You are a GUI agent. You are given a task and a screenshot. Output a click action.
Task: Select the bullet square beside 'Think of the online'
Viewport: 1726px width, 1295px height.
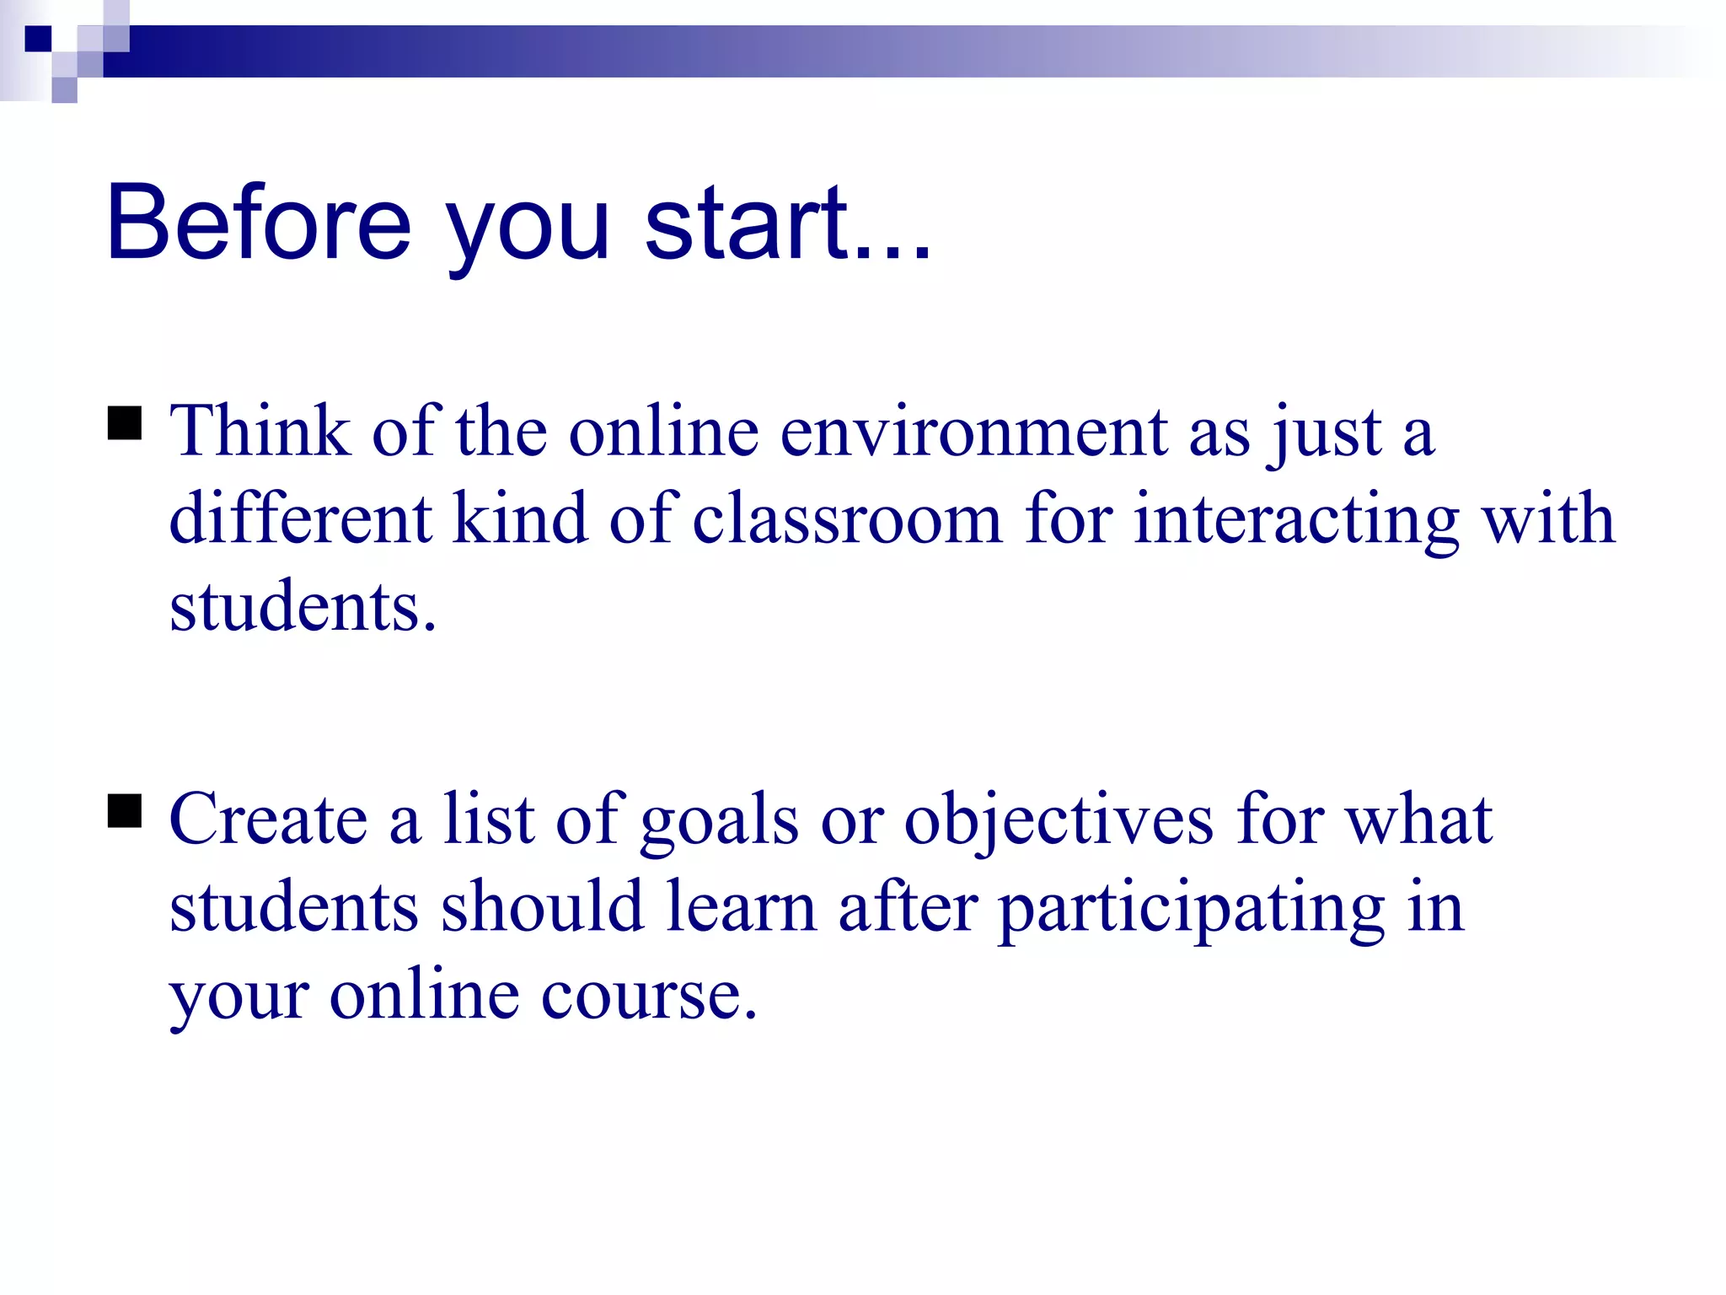tap(125, 424)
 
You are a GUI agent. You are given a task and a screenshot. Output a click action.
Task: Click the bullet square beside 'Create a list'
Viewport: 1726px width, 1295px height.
tap(125, 812)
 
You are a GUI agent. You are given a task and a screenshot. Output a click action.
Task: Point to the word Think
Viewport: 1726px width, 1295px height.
tap(260, 432)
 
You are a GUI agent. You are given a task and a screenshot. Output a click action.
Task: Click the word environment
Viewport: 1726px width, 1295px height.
tap(973, 433)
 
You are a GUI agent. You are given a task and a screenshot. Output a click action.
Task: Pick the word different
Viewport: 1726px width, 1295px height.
tap(300, 519)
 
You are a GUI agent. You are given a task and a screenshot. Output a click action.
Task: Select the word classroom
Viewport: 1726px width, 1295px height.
tap(847, 519)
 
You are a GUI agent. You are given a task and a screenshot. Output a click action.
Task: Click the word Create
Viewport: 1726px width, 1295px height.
tap(268, 819)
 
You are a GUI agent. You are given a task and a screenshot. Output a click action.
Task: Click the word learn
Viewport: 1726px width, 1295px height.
tap(741, 909)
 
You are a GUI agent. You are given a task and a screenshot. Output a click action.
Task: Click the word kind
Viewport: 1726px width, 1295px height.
tap(519, 519)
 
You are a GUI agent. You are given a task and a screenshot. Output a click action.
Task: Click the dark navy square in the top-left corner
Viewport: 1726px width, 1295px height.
tap(38, 39)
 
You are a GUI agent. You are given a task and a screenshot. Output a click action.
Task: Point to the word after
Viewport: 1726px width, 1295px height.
tap(908, 907)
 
